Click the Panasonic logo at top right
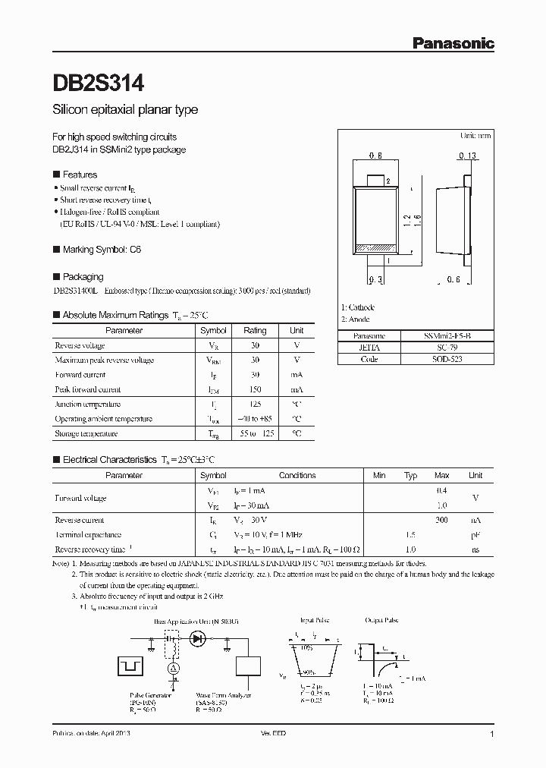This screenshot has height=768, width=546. (x=453, y=44)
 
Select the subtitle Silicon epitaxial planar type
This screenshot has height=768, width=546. (x=125, y=110)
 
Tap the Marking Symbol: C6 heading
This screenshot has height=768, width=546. (x=102, y=249)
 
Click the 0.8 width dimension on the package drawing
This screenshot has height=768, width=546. (x=375, y=156)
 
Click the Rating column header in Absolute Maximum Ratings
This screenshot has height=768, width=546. (x=255, y=331)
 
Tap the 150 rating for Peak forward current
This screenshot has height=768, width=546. (x=255, y=389)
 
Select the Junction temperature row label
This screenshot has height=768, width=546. (x=88, y=404)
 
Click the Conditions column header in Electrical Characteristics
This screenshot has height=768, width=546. (x=297, y=475)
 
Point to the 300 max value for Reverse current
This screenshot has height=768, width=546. (x=441, y=521)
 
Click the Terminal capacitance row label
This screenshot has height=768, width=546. (x=88, y=535)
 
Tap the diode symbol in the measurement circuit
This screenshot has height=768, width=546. (x=199, y=639)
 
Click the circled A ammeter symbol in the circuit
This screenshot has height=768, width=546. (x=172, y=667)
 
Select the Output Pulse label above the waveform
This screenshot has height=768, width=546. (x=381, y=620)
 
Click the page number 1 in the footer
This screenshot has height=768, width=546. (x=492, y=735)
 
